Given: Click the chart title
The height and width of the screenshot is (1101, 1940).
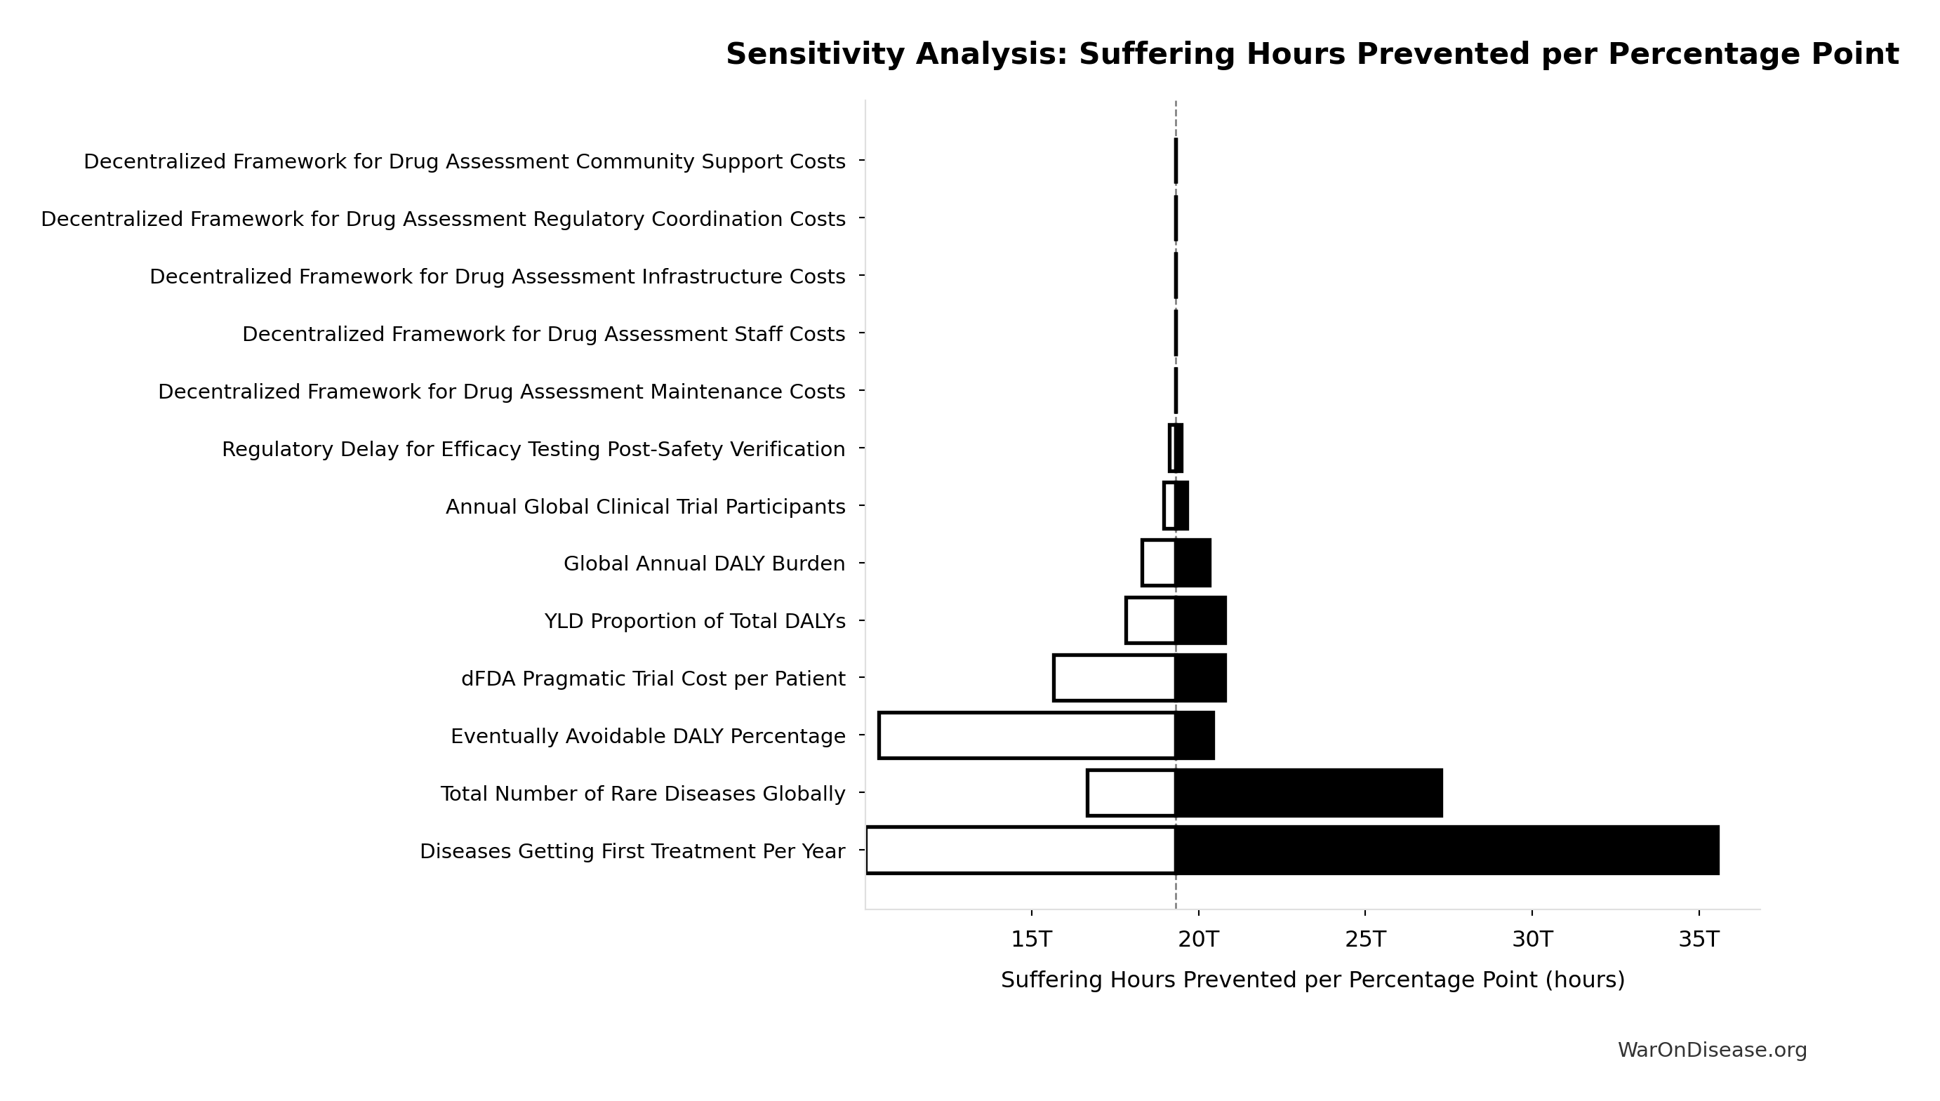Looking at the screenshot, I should pyautogui.click(x=1312, y=55).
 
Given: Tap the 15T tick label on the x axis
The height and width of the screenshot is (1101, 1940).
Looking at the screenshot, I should pyautogui.click(x=1032, y=939).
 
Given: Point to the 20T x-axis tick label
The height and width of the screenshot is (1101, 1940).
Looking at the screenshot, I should pyautogui.click(x=1199, y=939).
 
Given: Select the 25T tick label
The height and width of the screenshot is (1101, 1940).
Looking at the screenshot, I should pyautogui.click(x=1365, y=939).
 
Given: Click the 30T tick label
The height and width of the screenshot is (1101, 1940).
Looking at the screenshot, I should pyautogui.click(x=1532, y=939).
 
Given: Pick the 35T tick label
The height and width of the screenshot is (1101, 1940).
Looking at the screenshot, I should pyautogui.click(x=1699, y=939).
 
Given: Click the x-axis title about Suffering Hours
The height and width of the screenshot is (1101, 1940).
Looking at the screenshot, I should pyautogui.click(x=1313, y=980).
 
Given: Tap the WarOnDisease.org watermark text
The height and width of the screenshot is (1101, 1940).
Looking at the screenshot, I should pyautogui.click(x=1712, y=1050).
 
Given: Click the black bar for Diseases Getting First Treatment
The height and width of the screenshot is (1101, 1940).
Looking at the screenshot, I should pyautogui.click(x=1446, y=850).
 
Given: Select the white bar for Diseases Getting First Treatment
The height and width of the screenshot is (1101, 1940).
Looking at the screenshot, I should pyautogui.click(x=1021, y=850).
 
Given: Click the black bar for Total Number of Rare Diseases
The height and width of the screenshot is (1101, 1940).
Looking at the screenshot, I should pyautogui.click(x=1308, y=793).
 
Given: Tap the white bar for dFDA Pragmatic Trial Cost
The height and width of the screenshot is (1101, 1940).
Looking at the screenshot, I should pyautogui.click(x=1114, y=678).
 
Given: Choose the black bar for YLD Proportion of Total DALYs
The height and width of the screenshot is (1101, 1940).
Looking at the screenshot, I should pyautogui.click(x=1200, y=620).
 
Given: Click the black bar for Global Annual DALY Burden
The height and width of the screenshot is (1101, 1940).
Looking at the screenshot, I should pyautogui.click(x=1192, y=563).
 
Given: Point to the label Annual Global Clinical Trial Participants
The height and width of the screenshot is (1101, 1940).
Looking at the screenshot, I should pyautogui.click(x=645, y=507).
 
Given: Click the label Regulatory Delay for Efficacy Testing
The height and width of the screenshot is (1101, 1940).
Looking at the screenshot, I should pyautogui.click(x=533, y=449).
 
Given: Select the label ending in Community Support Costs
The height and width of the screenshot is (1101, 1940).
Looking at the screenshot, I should pyautogui.click(x=465, y=162).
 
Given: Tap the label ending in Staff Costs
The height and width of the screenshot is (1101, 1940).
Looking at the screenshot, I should pyautogui.click(x=543, y=334).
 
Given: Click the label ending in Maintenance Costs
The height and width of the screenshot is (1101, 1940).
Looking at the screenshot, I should pyautogui.click(x=501, y=392).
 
